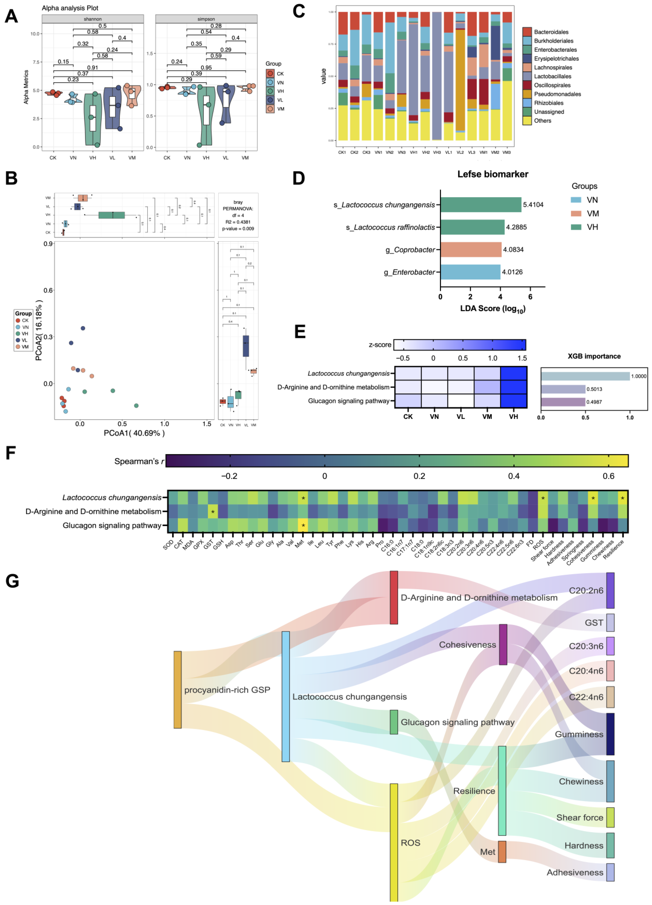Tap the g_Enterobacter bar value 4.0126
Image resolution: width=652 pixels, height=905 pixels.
(x=512, y=272)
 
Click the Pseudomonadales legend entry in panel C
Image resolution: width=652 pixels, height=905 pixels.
(x=557, y=94)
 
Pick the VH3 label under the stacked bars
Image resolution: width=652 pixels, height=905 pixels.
(x=437, y=152)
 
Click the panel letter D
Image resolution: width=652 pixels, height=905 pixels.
(x=299, y=178)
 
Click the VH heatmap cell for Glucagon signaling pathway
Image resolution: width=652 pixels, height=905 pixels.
(x=513, y=401)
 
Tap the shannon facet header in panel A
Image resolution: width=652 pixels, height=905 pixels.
(x=93, y=19)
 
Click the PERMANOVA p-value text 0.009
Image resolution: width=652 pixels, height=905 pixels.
(x=238, y=229)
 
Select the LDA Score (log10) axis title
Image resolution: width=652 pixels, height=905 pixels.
(x=492, y=309)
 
